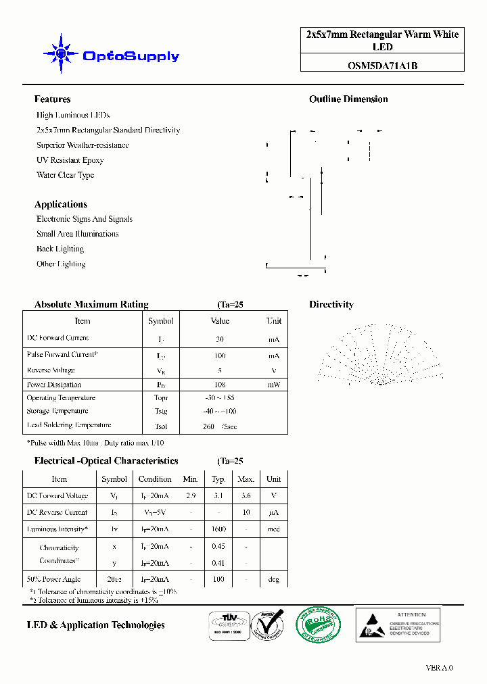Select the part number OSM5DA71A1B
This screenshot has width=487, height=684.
[x=382, y=66]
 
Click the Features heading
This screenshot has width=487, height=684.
[x=52, y=99]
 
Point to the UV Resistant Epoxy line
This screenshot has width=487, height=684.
[x=70, y=160]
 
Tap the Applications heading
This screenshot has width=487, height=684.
[x=61, y=204]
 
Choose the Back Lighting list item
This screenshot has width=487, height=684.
[x=60, y=249]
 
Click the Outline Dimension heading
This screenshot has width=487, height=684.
[x=348, y=99]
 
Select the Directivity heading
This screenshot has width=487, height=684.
[x=331, y=305]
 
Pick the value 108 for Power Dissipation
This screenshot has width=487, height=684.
[x=220, y=385]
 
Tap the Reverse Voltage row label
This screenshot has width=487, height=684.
[x=51, y=370]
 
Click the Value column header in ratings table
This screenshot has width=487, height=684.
[x=220, y=321]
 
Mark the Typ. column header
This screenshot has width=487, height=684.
[x=218, y=479]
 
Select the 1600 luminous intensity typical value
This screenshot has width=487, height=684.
[x=218, y=529]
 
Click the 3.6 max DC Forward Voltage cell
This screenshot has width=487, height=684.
[x=246, y=495]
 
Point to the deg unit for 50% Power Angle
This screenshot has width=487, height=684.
[x=273, y=579]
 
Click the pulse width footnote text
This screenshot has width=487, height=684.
[x=95, y=443]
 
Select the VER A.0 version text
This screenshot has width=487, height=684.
[x=439, y=668]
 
